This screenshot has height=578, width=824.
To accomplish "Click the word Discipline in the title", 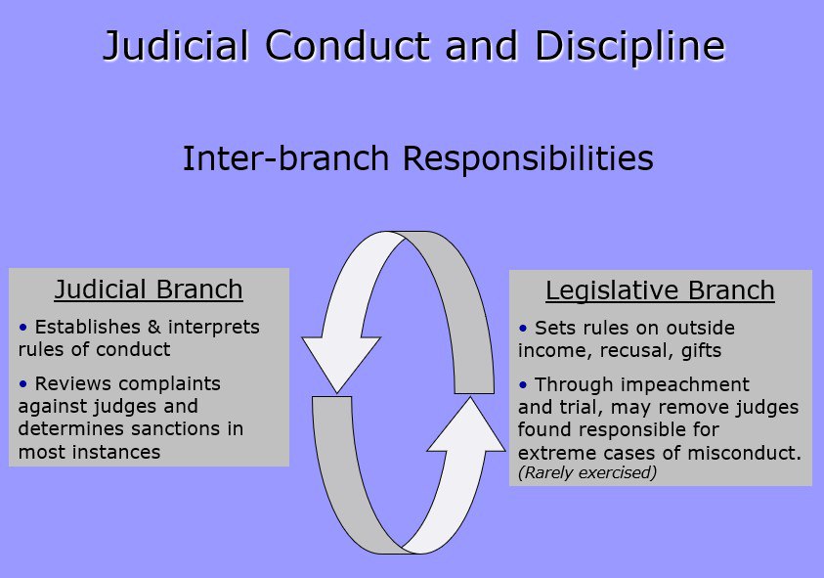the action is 630,46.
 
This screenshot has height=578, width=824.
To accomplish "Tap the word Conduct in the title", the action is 347,45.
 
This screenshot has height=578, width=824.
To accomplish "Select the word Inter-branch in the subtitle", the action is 285,157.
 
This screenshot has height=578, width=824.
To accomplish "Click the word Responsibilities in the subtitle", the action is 528,158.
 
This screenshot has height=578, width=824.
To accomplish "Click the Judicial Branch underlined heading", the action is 149,289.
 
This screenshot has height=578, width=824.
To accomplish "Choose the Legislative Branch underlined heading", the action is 660,290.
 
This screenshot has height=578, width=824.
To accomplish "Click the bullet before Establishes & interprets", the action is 22,328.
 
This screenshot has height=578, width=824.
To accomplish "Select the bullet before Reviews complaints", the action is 22,384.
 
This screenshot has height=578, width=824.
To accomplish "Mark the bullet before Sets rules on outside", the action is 523,329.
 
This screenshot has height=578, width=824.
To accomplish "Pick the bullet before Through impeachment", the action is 523,385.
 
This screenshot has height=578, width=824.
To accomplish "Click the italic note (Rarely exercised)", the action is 587,472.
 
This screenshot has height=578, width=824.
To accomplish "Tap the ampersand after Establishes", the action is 154,327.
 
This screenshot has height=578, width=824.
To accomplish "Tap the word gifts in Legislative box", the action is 702,351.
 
